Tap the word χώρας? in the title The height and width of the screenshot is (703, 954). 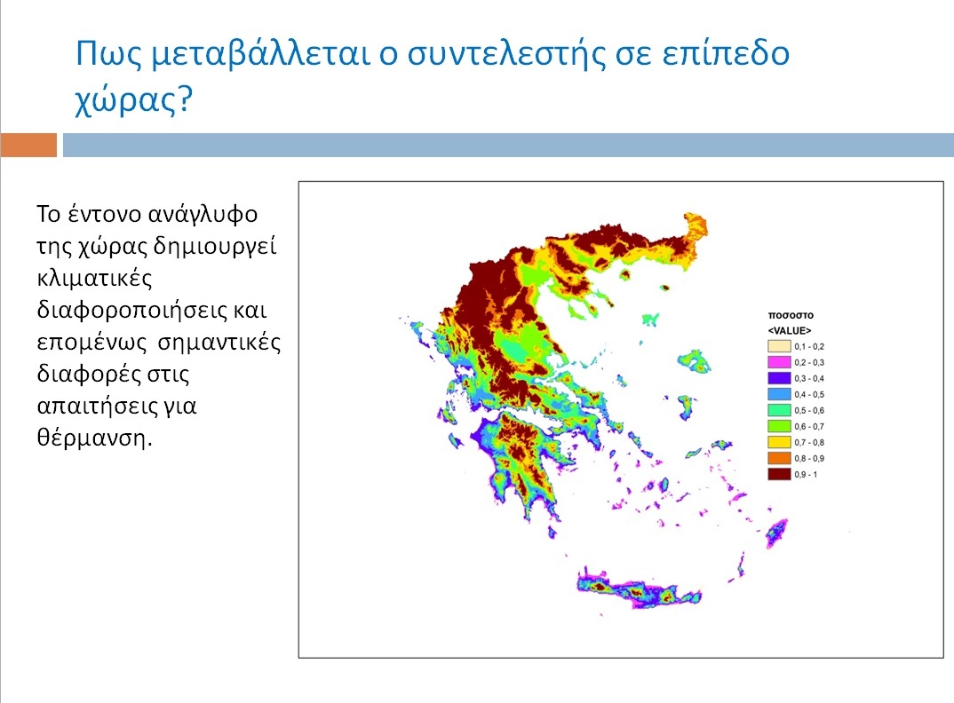[x=132, y=99]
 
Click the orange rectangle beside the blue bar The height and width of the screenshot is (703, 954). [x=28, y=145]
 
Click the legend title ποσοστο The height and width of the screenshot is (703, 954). [x=791, y=315]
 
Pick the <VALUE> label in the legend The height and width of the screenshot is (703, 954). [x=790, y=330]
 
